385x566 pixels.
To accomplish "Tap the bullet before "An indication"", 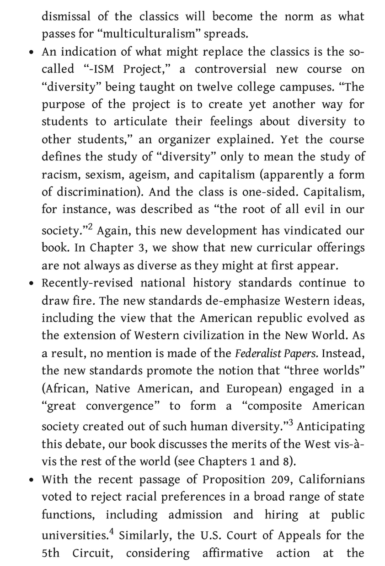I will coord(31,52).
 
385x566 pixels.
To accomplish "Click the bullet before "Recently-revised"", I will coord(31,283).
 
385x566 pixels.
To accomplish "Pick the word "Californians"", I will coord(331,480).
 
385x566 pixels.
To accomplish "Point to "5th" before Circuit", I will coord(50,553).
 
